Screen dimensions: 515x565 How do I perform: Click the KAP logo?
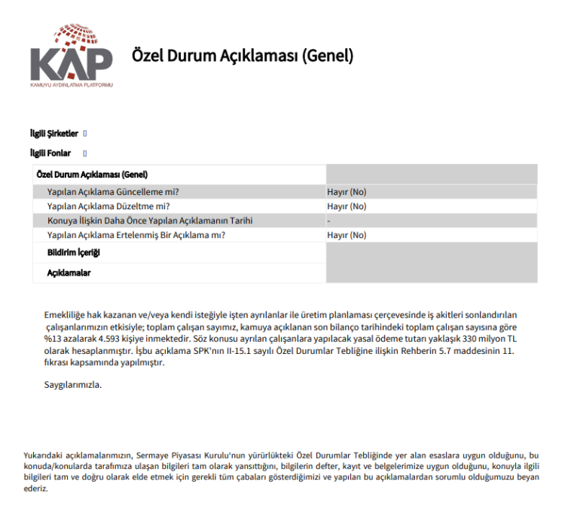point(71,56)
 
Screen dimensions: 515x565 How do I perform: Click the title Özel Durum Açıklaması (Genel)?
point(242,56)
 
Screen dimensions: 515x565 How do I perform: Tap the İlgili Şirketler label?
point(53,133)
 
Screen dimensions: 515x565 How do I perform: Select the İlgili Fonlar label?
point(50,153)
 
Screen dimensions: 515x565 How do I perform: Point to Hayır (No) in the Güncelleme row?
point(347,192)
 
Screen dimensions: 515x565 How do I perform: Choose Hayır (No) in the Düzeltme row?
point(347,206)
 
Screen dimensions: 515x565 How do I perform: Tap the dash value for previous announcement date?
point(329,221)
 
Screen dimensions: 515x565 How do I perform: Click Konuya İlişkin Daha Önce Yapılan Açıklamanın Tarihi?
point(149,221)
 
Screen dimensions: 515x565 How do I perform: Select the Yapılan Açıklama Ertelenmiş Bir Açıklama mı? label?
point(136,235)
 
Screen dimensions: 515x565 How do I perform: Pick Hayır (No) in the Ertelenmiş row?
point(347,235)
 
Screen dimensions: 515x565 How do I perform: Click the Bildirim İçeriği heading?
point(74,252)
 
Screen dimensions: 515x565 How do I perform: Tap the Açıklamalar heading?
point(69,273)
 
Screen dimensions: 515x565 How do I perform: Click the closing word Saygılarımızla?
point(72,385)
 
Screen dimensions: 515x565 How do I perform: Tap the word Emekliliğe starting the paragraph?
point(67,314)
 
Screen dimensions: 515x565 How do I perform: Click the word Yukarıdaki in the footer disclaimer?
point(45,456)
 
